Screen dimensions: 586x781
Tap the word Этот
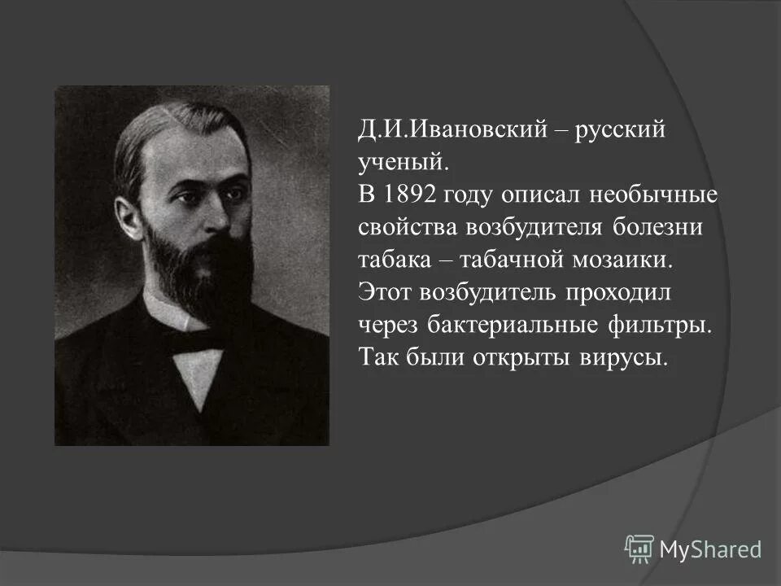385,292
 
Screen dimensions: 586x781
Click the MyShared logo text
709,550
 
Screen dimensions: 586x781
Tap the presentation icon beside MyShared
639,549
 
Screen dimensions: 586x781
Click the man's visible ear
129,218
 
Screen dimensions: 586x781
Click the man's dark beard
199,269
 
